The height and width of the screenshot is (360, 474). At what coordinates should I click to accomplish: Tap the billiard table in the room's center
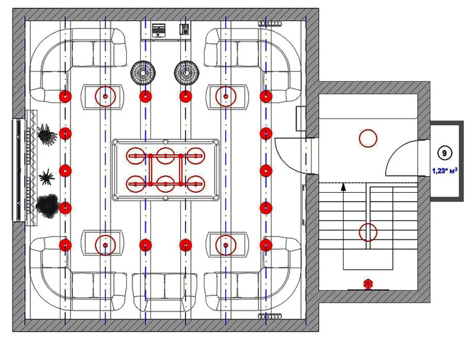pyautogui.click(x=166, y=170)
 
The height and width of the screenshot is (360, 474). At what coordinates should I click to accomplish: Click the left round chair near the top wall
pyautogui.click(x=142, y=72)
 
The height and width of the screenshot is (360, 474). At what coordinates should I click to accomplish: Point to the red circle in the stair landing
pyautogui.click(x=368, y=138)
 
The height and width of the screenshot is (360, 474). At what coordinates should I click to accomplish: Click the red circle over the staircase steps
pyautogui.click(x=368, y=232)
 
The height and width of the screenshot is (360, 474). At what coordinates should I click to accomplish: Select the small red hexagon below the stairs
pyautogui.click(x=368, y=283)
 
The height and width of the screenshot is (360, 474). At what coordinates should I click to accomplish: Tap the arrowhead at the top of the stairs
pyautogui.click(x=343, y=187)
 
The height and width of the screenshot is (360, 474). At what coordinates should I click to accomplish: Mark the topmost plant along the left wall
pyautogui.click(x=47, y=134)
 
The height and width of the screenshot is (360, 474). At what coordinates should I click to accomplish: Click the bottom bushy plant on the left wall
pyautogui.click(x=47, y=205)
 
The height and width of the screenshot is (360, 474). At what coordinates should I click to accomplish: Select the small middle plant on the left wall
pyautogui.click(x=47, y=176)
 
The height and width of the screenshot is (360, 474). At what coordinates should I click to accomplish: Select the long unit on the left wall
pyautogui.click(x=23, y=170)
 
